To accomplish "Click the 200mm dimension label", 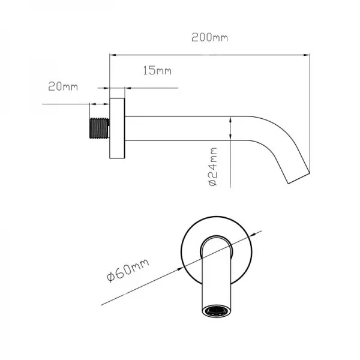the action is [x=209, y=37].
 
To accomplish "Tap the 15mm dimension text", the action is [x=157, y=70].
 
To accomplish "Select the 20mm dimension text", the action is [x=63, y=86].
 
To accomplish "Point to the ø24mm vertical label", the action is [x=213, y=167].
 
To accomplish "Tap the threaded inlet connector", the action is [x=99, y=128].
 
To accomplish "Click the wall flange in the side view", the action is [x=117, y=128].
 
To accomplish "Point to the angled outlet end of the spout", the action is [x=299, y=178].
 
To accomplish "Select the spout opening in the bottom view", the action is [x=216, y=311].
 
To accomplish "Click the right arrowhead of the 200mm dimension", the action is [x=307, y=55].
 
